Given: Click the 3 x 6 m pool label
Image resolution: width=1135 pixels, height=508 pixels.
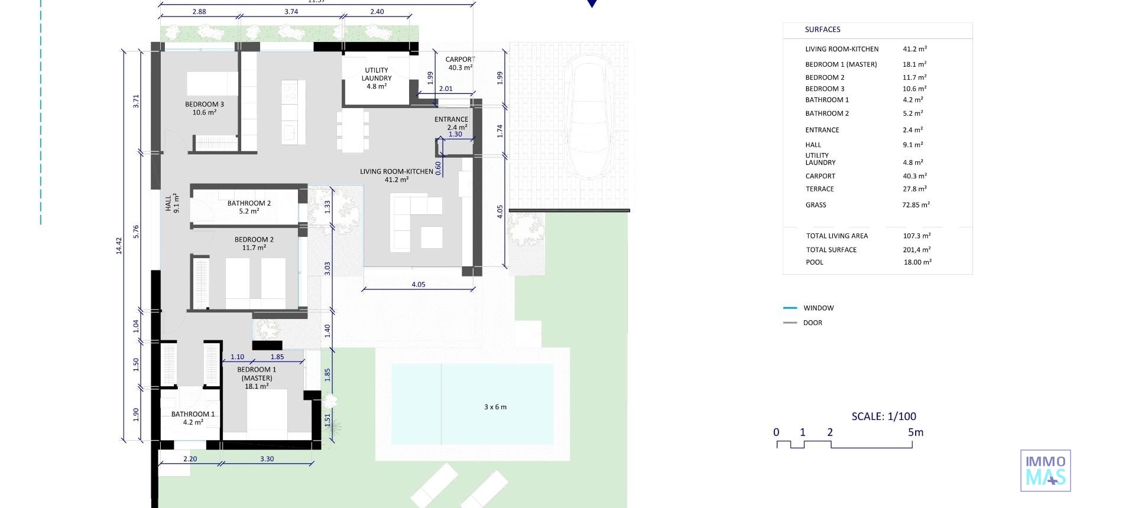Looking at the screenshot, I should pyautogui.click(x=495, y=407).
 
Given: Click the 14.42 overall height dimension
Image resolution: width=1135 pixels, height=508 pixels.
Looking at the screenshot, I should pyautogui.click(x=119, y=246).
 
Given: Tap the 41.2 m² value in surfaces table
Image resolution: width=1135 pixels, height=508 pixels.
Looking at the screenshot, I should pyautogui.click(x=915, y=49).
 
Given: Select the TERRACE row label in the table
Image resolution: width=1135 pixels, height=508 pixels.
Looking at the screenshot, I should pyautogui.click(x=819, y=189).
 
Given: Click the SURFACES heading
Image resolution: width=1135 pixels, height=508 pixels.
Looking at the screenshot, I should pyautogui.click(x=822, y=30).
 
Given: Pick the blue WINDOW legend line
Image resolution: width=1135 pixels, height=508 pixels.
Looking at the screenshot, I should pyautogui.click(x=790, y=308).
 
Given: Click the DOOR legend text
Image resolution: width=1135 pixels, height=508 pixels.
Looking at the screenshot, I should pyautogui.click(x=812, y=323).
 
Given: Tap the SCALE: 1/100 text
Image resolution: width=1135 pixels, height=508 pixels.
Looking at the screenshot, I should pyautogui.click(x=884, y=416).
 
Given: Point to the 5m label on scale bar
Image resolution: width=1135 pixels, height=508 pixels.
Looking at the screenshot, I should pyautogui.click(x=915, y=432).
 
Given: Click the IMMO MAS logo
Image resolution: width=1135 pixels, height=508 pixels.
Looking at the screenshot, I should pyautogui.click(x=1045, y=471).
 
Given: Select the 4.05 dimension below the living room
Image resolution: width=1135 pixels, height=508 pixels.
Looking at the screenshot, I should pyautogui.click(x=418, y=285).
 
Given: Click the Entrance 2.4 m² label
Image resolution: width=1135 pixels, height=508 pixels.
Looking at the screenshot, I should pyautogui.click(x=451, y=123).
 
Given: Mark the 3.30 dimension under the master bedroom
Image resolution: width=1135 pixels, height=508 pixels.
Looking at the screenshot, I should pyautogui.click(x=267, y=459).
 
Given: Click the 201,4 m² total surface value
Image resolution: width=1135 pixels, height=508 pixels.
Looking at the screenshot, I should pyautogui.click(x=916, y=250).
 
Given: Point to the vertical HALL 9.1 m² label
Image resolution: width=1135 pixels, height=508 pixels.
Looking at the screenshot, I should pyautogui.click(x=172, y=204).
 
